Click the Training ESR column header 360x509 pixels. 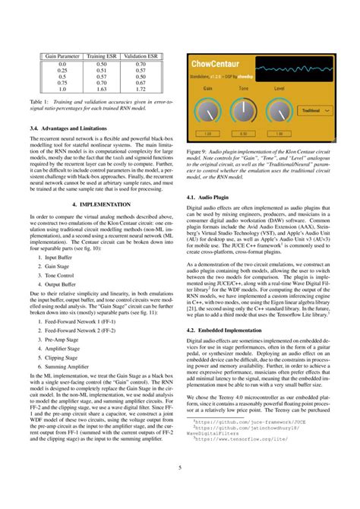click(x=101, y=57)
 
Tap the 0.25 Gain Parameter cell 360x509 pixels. click(x=63, y=71)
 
